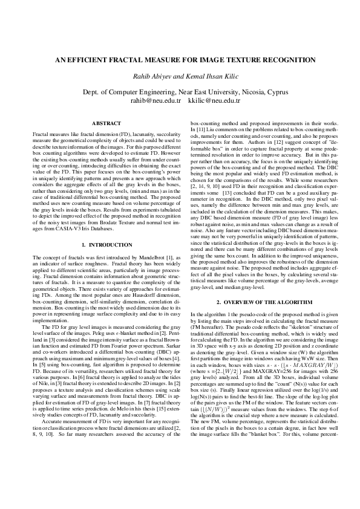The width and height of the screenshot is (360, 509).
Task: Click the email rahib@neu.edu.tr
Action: (x=155, y=100)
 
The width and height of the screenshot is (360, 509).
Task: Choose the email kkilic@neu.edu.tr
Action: (x=215, y=100)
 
